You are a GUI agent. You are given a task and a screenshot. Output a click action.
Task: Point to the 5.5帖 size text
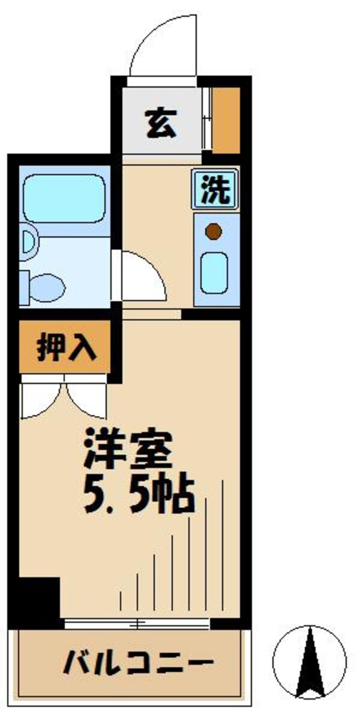pos(138,493)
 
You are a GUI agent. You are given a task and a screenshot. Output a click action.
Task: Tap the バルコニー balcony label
pos(139,664)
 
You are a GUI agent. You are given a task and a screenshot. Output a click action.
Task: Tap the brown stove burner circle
pos(213,231)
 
